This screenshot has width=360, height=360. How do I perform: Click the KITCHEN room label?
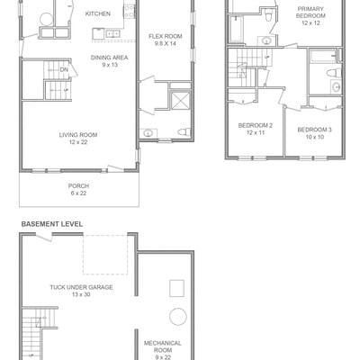[98, 13]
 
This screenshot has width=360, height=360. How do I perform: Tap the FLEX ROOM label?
[166, 36]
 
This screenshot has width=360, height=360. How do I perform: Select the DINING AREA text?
[110, 58]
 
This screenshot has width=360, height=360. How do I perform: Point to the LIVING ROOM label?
[78, 135]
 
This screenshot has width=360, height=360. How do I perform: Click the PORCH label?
[78, 186]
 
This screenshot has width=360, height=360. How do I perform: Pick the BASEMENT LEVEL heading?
[52, 224]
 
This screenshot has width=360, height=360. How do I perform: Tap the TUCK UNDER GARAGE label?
[81, 287]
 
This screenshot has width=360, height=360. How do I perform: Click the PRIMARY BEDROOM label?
[310, 13]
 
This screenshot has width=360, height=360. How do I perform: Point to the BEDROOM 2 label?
[256, 125]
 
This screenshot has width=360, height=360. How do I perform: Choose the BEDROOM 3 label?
[314, 130]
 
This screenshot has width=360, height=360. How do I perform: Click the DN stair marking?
[64, 69]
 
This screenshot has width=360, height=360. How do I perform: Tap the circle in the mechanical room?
[178, 317]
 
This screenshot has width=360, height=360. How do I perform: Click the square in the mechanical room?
[176, 288]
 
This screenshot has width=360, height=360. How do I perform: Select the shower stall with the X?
[181, 101]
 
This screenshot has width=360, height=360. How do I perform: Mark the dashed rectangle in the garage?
[105, 255]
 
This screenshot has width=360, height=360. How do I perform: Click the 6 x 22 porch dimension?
[78, 193]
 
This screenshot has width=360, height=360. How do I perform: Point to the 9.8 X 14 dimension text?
[166, 44]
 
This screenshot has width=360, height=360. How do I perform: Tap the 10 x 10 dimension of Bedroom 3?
[314, 137]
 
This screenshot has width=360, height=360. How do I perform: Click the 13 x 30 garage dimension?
[81, 294]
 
